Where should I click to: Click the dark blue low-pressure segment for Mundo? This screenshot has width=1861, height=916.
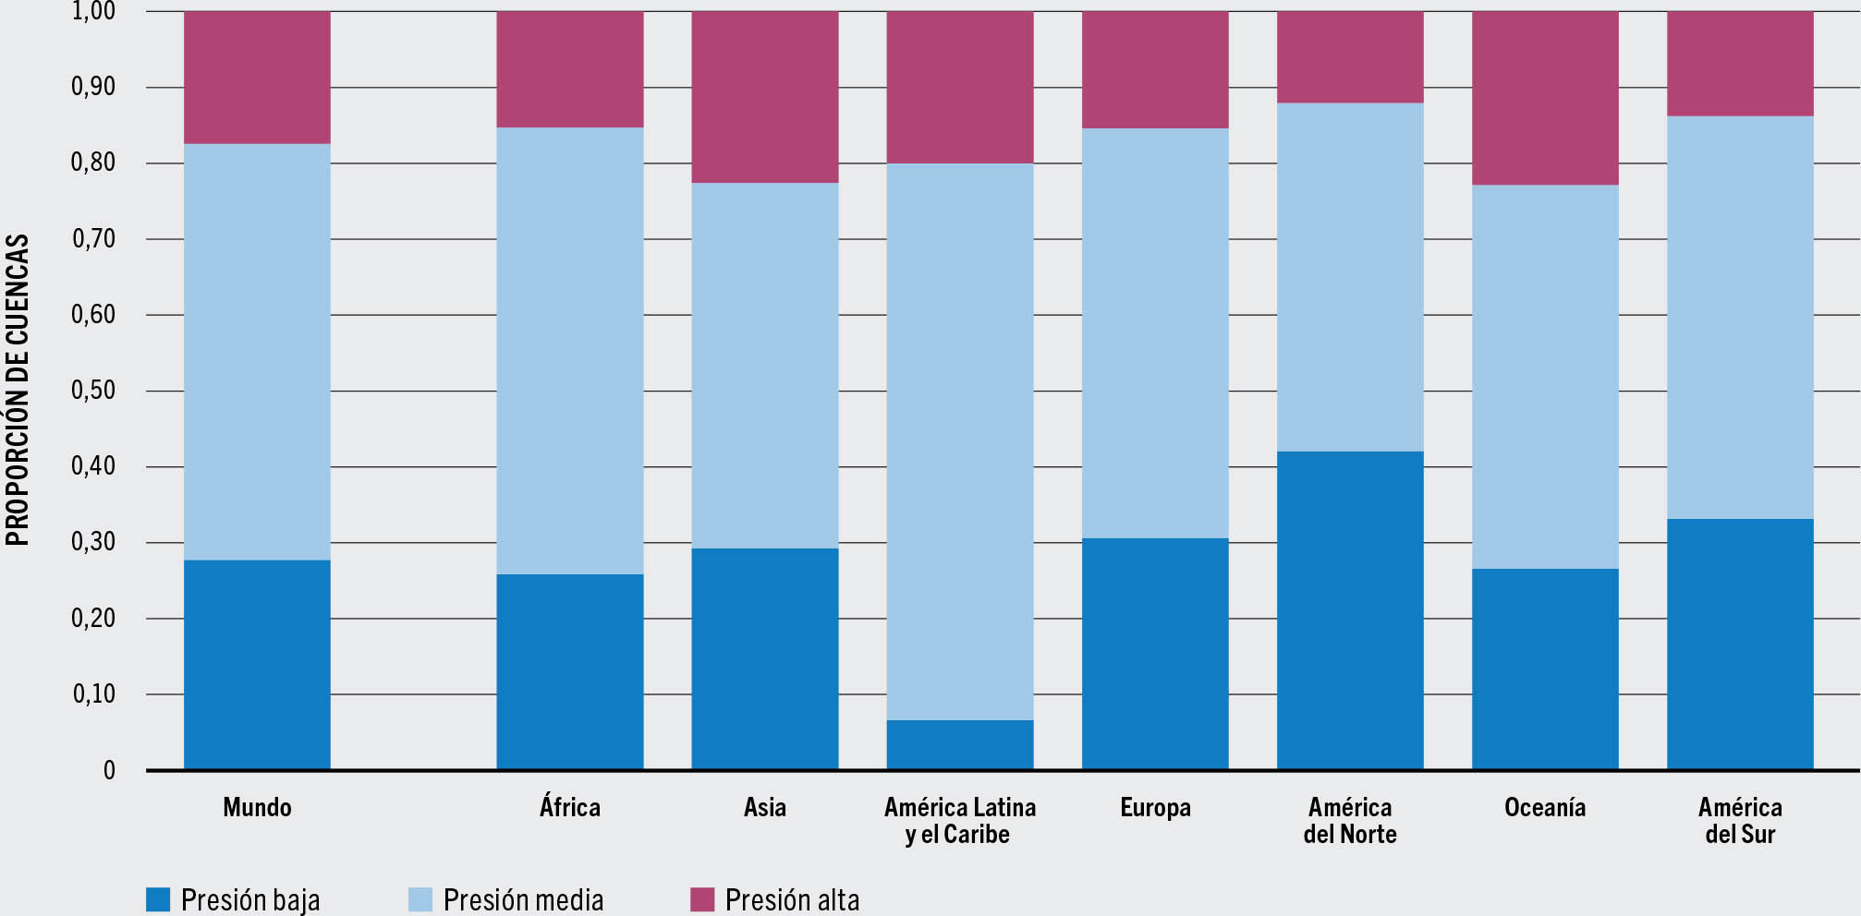tap(257, 664)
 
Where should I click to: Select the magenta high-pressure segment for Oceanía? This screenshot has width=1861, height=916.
tap(1545, 98)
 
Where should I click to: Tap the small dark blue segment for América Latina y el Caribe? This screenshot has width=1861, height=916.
tap(960, 744)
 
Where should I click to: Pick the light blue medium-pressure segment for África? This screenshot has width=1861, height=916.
tap(570, 351)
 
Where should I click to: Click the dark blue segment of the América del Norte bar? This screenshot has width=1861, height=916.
tap(1350, 610)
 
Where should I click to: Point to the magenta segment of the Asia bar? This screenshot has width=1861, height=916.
tap(765, 97)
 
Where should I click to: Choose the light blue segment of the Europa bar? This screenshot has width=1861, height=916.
tap(1155, 332)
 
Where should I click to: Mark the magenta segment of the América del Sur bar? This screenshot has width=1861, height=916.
tap(1740, 64)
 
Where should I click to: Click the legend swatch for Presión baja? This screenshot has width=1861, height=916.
tap(159, 899)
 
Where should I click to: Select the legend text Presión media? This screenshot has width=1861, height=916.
tap(523, 899)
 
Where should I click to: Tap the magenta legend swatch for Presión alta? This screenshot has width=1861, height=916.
tap(702, 899)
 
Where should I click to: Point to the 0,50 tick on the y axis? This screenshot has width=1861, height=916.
tap(93, 391)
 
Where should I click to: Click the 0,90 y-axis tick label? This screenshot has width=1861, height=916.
tap(93, 87)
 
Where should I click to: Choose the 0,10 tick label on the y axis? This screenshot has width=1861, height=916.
tap(93, 694)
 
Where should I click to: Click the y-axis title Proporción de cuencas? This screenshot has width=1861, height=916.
tap(18, 390)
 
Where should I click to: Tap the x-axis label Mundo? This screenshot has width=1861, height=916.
tap(257, 808)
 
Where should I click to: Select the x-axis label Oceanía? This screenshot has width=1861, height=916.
tap(1545, 808)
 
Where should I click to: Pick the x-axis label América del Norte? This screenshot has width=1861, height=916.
tap(1350, 821)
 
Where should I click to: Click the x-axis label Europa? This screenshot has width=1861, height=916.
tap(1155, 808)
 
